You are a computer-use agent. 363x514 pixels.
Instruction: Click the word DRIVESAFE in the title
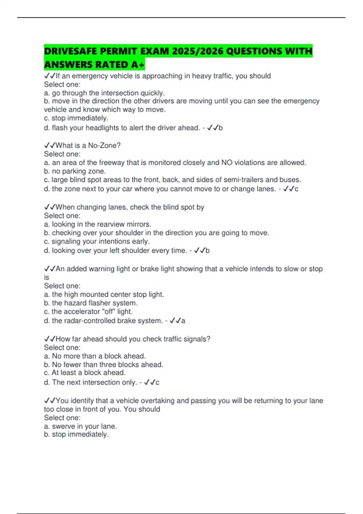[x=70, y=51]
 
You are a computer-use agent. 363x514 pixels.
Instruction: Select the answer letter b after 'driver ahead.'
[x=221, y=128]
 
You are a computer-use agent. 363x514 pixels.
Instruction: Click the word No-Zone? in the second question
[x=104, y=145]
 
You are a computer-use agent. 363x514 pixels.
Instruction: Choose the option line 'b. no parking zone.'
[x=75, y=171]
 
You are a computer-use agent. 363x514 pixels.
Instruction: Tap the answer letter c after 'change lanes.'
[x=296, y=189]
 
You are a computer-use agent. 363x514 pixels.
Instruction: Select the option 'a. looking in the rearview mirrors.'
[x=97, y=224]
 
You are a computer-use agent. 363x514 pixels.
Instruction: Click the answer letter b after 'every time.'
[x=208, y=251]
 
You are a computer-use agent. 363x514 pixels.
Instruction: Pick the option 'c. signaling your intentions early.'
[x=97, y=241]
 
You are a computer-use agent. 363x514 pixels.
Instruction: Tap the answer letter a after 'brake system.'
[x=183, y=321]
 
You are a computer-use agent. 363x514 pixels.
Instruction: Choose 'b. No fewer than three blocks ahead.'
[x=103, y=364]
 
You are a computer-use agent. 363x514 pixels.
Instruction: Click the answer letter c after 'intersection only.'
[x=157, y=382]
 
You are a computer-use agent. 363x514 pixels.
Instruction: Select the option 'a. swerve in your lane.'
[x=80, y=426]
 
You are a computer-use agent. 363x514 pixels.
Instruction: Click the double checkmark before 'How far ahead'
[x=50, y=339]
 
